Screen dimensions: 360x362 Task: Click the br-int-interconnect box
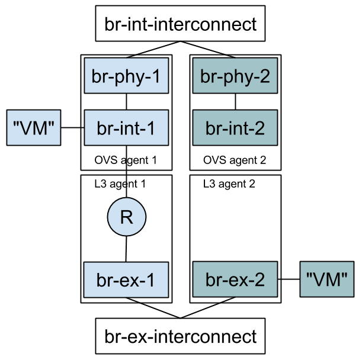pyautogui.click(x=180, y=24)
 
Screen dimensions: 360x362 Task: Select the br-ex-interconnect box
pyautogui.click(x=180, y=336)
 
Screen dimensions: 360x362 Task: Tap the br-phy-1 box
pyautogui.click(x=127, y=76)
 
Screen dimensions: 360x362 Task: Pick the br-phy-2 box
pyautogui.click(x=235, y=76)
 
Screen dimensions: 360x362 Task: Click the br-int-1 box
pyautogui.click(x=127, y=127)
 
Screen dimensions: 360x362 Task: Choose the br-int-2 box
pyautogui.click(x=235, y=127)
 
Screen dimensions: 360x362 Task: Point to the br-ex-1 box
pyautogui.click(x=126, y=280)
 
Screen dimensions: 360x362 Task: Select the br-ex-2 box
pyautogui.click(x=235, y=279)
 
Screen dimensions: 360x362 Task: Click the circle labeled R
pyautogui.click(x=126, y=217)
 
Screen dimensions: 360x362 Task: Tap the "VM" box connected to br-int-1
pyautogui.click(x=34, y=127)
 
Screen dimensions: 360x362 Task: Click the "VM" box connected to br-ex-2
pyautogui.click(x=326, y=279)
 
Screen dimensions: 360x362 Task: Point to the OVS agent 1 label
pyautogui.click(x=126, y=160)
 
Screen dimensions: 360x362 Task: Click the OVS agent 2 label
pyautogui.click(x=235, y=160)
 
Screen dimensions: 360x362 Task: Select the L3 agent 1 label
pyautogui.click(x=120, y=184)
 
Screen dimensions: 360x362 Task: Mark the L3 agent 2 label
pyautogui.click(x=229, y=184)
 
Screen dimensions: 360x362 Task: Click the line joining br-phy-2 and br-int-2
pyautogui.click(x=236, y=101)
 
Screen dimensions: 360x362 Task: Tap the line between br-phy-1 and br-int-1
pyautogui.click(x=127, y=101)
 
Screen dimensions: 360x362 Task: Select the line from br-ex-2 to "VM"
pyautogui.click(x=289, y=279)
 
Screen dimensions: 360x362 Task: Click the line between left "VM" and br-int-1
pyautogui.click(x=73, y=127)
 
